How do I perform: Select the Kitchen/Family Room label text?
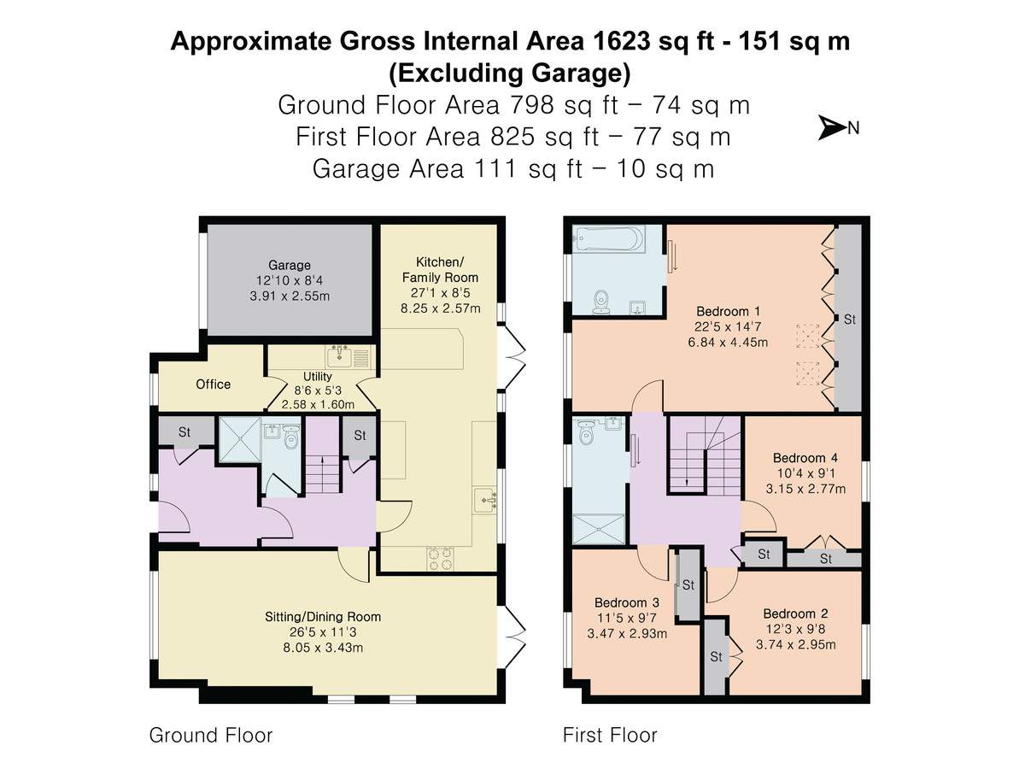pyautogui.click(x=440, y=269)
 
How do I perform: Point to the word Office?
pyautogui.click(x=214, y=384)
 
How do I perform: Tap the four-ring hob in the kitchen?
pyautogui.click(x=441, y=558)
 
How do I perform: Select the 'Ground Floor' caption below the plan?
pyautogui.click(x=211, y=735)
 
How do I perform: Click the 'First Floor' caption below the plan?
pyautogui.click(x=610, y=735)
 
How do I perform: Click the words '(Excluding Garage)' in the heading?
pyautogui.click(x=510, y=73)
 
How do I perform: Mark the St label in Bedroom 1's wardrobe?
pyautogui.click(x=849, y=320)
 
